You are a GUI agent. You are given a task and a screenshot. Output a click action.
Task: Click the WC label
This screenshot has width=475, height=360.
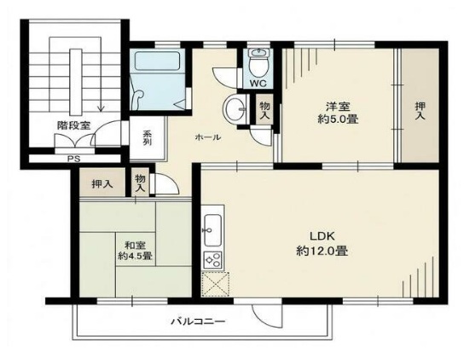(x=258, y=84)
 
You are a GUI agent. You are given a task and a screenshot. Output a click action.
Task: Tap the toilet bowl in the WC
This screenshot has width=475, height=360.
(x=258, y=63)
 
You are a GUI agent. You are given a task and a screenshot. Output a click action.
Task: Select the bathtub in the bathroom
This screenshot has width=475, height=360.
(x=158, y=61)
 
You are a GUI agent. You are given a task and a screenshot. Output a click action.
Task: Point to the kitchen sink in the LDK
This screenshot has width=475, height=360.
(x=212, y=230)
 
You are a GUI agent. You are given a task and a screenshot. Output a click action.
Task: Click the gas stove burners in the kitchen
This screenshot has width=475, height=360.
(x=212, y=260)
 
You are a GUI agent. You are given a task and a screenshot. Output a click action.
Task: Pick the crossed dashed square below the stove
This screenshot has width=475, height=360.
(x=216, y=284)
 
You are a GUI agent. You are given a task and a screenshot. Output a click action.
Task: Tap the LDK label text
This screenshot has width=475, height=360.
(x=321, y=235)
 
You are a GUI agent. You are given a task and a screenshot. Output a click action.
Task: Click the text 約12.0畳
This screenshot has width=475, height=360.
(x=321, y=251)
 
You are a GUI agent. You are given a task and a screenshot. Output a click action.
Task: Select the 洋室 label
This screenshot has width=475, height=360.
(x=338, y=107)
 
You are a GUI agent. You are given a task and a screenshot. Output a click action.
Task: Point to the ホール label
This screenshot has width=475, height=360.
(x=208, y=137)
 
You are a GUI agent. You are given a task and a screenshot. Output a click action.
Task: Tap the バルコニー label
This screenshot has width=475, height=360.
(x=199, y=321)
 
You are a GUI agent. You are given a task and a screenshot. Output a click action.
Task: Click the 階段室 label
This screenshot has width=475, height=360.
(x=73, y=125)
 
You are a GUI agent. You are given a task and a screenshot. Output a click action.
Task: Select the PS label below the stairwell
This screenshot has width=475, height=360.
(x=73, y=159)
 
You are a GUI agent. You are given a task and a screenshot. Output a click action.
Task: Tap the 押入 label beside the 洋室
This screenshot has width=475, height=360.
(x=420, y=111)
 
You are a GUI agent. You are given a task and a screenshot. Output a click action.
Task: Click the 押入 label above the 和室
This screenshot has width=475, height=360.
(x=102, y=183)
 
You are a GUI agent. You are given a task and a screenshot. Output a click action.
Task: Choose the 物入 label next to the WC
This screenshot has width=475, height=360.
(x=264, y=110)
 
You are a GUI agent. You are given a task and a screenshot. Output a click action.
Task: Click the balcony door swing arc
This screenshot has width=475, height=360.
(x=267, y=318)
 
